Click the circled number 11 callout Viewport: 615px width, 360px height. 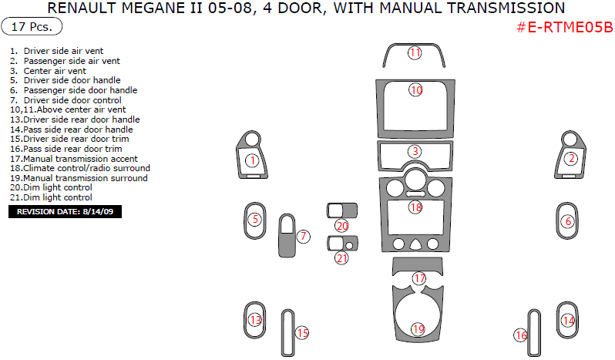(415, 53)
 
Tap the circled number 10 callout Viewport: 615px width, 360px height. (415, 90)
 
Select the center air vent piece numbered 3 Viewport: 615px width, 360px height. (415, 152)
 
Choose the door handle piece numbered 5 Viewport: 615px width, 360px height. (254, 220)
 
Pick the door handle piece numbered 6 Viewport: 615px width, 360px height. (568, 220)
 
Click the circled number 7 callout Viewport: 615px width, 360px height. (304, 236)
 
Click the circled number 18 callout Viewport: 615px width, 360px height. (415, 207)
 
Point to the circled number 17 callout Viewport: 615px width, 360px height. (418, 278)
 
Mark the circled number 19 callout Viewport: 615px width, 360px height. (417, 329)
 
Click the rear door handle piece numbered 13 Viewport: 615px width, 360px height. (254, 319)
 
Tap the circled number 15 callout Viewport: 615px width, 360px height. (302, 333)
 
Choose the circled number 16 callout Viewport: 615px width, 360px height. (521, 335)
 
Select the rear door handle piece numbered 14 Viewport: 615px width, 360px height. (568, 320)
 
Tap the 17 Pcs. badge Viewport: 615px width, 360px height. (32, 27)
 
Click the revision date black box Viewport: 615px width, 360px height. (65, 211)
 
